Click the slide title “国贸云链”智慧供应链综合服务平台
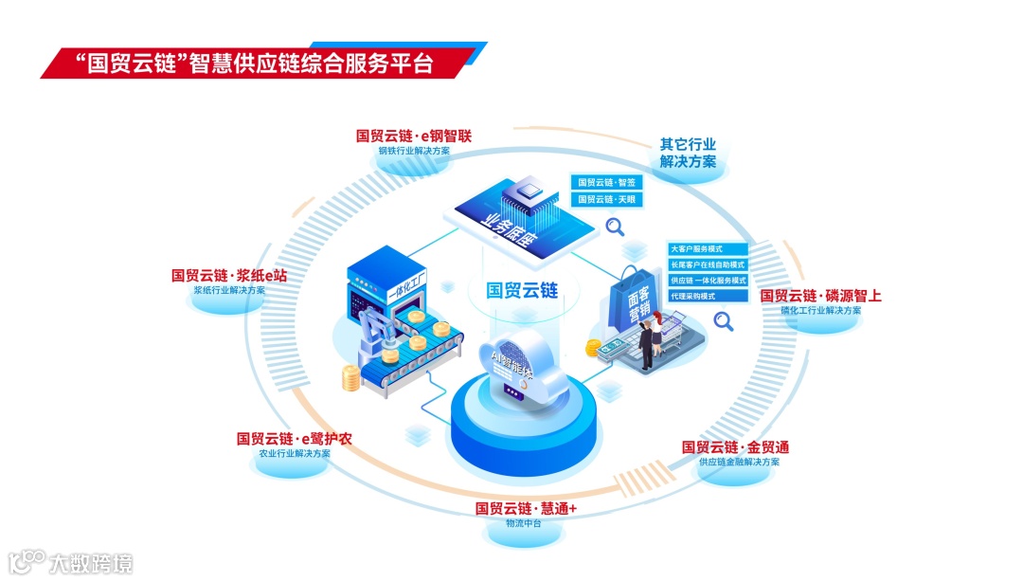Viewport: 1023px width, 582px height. [253, 64]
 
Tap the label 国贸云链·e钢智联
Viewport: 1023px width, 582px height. [413, 136]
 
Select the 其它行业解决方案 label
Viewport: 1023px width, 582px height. [688, 153]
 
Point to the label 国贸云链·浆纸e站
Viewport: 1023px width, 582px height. [228, 275]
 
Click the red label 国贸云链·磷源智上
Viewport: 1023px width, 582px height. [820, 296]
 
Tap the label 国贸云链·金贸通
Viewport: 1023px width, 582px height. [735, 446]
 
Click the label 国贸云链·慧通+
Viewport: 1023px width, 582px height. [526, 508]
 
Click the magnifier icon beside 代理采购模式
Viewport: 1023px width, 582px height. [725, 321]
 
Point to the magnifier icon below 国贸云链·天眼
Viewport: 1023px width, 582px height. [616, 227]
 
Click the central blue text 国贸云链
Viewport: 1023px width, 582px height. [522, 290]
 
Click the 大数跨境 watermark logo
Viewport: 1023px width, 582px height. [71, 563]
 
